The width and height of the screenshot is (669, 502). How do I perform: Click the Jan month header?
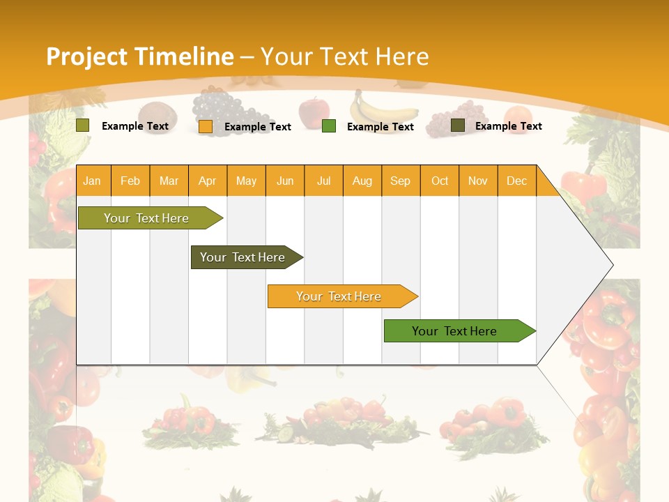(92, 181)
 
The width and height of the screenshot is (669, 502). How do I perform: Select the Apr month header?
(207, 181)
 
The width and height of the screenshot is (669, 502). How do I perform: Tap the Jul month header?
(323, 181)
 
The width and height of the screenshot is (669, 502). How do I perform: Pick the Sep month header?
(400, 181)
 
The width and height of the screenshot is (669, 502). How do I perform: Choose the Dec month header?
(516, 181)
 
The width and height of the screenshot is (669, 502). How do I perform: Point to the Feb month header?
(130, 181)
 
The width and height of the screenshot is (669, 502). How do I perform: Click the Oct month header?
(440, 181)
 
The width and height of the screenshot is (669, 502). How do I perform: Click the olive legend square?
(83, 125)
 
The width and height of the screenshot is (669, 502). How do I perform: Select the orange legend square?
(206, 127)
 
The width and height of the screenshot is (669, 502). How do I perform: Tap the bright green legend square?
(329, 126)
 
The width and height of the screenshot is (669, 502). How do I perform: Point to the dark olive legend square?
(458, 125)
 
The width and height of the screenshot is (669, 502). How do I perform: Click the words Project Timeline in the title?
(139, 56)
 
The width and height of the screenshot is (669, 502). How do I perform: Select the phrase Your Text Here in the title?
(344, 56)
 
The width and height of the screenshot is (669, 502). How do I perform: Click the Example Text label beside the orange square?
(257, 127)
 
